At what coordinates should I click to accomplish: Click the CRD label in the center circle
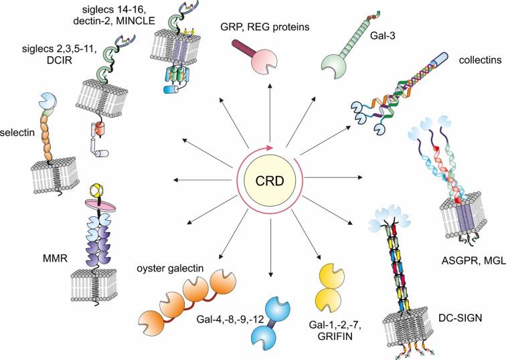point(271,179)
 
